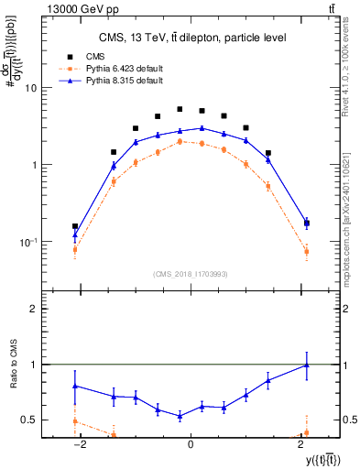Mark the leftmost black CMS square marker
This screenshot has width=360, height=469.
(75, 226)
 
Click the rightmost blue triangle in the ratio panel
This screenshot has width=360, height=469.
(306, 365)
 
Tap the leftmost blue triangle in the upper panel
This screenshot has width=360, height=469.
(75, 235)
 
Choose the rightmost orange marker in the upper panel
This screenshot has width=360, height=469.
(306, 251)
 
